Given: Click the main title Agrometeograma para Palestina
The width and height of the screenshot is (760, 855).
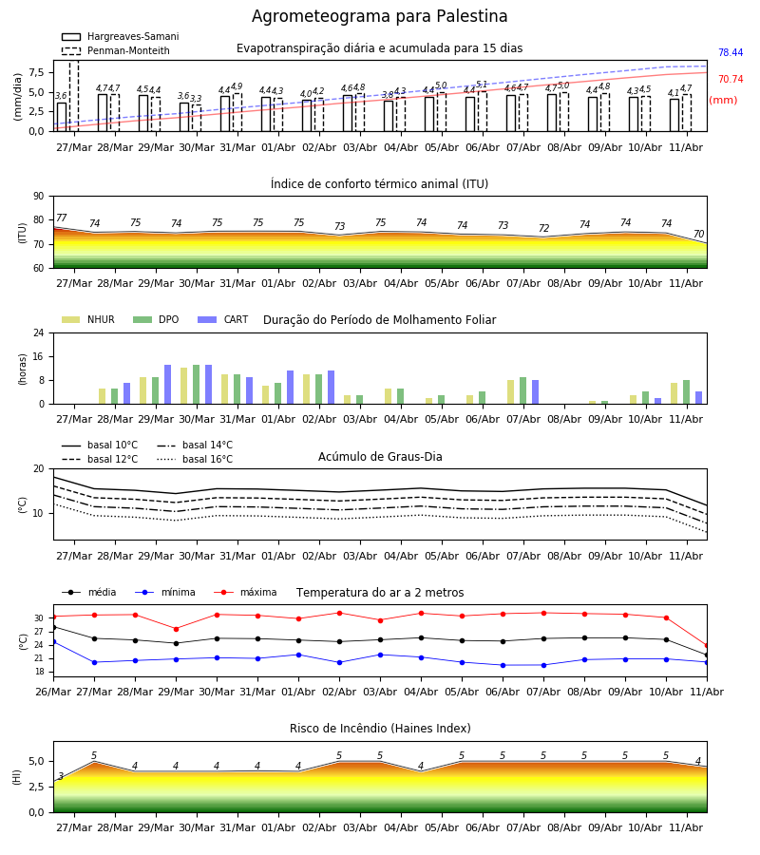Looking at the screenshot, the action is click(x=379, y=16).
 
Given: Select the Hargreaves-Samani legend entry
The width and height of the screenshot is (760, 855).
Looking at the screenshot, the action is click(x=120, y=36).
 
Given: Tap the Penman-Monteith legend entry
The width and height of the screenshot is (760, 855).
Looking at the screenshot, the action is click(x=116, y=50).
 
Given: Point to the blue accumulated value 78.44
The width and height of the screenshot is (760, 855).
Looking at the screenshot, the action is click(x=731, y=52).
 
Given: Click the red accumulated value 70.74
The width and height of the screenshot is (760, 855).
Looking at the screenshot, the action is click(x=731, y=79).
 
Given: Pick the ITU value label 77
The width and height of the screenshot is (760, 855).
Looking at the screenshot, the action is click(x=62, y=218).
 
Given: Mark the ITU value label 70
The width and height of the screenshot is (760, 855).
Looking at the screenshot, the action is click(x=698, y=234).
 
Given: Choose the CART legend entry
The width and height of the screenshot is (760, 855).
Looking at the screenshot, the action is click(x=223, y=319).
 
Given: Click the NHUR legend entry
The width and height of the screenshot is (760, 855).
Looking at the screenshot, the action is click(x=88, y=319).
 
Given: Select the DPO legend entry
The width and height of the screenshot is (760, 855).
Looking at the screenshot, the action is click(x=156, y=319).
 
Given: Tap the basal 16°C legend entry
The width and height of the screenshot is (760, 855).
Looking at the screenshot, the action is click(x=195, y=459).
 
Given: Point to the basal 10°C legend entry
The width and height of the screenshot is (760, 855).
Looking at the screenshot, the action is click(x=100, y=445).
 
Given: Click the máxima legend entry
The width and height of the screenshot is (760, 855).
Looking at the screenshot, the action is click(x=245, y=592).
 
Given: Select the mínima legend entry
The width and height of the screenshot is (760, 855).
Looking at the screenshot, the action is click(x=165, y=592).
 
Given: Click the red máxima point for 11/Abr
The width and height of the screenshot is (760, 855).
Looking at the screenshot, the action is click(x=707, y=646).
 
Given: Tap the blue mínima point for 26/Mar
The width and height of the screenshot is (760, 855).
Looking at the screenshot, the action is click(x=53, y=642).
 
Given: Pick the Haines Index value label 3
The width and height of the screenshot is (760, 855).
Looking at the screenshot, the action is click(x=61, y=776).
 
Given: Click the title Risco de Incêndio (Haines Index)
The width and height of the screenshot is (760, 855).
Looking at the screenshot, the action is click(x=380, y=728).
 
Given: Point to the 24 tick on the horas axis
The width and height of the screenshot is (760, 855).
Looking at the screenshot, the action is click(x=39, y=332).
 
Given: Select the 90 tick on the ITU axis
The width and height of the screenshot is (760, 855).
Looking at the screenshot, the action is click(x=39, y=196).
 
